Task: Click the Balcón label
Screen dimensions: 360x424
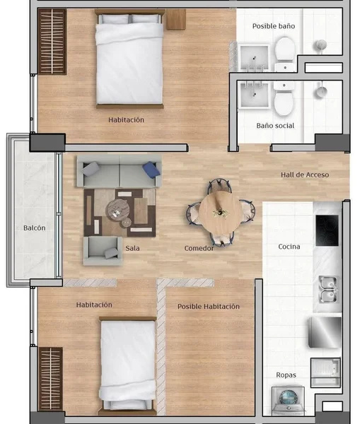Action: click(35, 228)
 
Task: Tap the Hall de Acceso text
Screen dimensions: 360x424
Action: click(305, 175)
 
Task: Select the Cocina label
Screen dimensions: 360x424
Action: click(289, 247)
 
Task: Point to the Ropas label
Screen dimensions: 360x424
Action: click(286, 375)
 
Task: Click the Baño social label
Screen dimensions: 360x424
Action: click(275, 126)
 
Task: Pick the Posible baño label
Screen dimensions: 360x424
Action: click(274, 26)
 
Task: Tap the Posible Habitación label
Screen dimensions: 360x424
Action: click(209, 307)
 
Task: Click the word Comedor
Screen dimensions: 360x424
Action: click(199, 248)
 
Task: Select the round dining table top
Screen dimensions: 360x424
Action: click(221, 213)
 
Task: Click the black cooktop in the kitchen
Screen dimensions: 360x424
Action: click(327, 230)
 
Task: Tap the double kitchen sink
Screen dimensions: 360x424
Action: click(328, 289)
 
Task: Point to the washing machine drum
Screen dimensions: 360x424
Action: click(289, 397)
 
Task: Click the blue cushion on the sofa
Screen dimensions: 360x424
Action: click(152, 170)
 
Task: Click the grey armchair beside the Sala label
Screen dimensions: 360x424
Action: click(103, 251)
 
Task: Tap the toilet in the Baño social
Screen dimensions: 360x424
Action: click(284, 99)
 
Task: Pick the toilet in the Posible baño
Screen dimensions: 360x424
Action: click(285, 54)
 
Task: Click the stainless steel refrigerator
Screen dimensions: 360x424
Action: click(325, 332)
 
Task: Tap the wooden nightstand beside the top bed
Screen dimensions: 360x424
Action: click(176, 19)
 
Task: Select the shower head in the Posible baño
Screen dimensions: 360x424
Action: click(321, 46)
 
